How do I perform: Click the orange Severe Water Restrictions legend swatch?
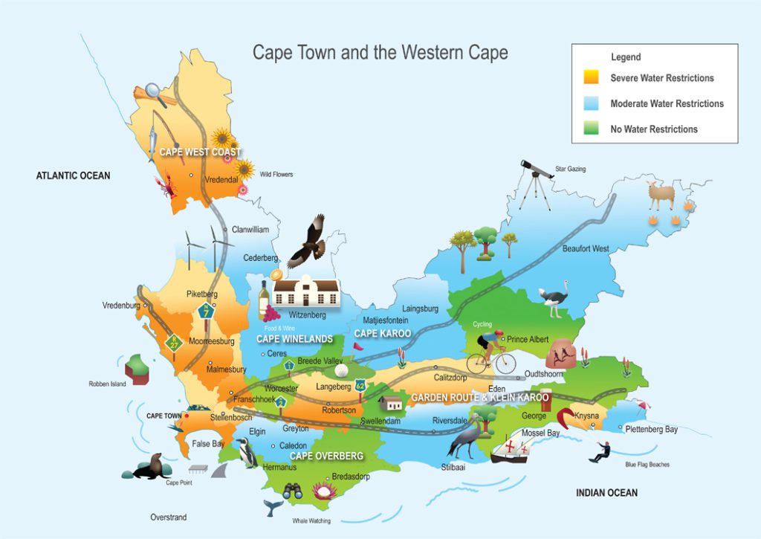592,77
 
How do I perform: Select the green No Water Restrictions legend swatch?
592,129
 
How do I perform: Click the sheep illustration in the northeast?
661,196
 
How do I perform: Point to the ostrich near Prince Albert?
554,297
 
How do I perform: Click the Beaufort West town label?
586,248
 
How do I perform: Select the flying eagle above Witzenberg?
307,242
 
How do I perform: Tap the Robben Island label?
108,384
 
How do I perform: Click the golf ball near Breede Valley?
341,370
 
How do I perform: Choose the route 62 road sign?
360,385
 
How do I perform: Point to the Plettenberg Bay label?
651,429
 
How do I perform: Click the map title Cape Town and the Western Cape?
380,52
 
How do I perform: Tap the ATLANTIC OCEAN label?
73,175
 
